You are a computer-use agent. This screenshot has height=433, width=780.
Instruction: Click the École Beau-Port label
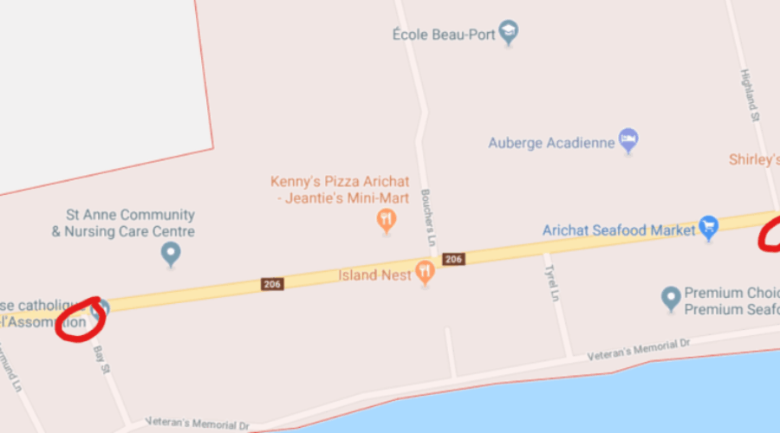point(445,35)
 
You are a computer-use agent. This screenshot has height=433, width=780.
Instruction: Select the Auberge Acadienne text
point(551,142)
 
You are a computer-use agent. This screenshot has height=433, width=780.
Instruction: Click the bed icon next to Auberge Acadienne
point(628,140)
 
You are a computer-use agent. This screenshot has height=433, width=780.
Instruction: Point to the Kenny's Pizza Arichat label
point(340,182)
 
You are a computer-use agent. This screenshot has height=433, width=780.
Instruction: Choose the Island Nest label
point(370,275)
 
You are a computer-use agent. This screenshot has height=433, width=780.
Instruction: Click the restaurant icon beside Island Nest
point(424,272)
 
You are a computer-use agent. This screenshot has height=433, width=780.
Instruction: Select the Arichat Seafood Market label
point(619,230)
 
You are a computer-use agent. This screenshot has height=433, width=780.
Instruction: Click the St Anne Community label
point(131,215)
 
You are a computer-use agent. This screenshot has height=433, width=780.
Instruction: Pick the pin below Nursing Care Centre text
point(172,255)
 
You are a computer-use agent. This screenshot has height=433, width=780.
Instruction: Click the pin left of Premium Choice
point(670,299)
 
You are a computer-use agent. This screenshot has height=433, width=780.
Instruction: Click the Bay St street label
point(101,357)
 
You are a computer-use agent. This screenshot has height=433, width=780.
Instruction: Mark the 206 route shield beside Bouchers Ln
point(452,259)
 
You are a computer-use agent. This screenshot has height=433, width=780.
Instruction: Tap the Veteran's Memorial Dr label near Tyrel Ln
point(638,349)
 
